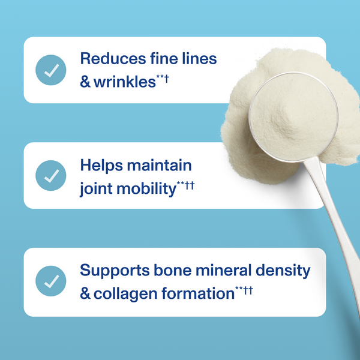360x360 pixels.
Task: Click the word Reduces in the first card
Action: [x=110, y=59]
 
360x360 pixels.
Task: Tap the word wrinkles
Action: [x=124, y=81]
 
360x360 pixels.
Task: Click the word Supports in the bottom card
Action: [x=110, y=271]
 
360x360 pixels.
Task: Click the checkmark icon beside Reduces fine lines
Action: [x=51, y=70]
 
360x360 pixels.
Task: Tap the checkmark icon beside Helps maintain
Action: [x=51, y=176]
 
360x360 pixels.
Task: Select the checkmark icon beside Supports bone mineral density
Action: [x=51, y=281]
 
